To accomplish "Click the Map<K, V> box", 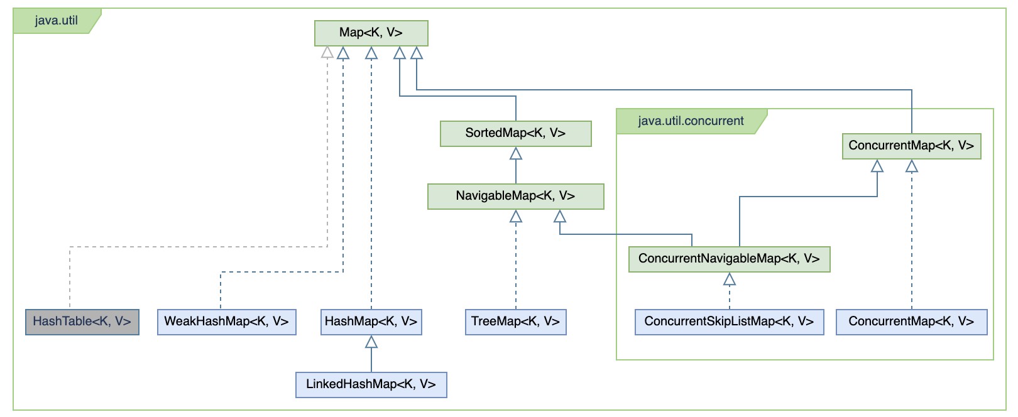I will [371, 33].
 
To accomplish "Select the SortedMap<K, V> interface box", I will [515, 133].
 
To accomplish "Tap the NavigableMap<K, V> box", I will [515, 196].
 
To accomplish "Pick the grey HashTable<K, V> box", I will [82, 322].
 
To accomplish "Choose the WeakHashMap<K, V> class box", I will [226, 322].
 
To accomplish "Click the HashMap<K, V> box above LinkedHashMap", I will [371, 322].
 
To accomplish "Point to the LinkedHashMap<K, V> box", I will [371, 384].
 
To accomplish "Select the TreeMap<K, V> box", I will [515, 322].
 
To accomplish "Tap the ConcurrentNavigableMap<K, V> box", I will [729, 259].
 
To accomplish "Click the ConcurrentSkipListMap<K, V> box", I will [729, 322].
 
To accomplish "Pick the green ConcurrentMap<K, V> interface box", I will [911, 146].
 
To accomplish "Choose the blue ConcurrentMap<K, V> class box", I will [911, 322].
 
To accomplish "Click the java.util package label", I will [57, 20].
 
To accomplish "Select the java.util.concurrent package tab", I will [691, 121].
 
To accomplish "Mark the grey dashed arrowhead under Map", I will [327, 53].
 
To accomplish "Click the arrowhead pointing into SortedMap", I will [516, 153].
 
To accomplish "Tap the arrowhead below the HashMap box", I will [371, 342].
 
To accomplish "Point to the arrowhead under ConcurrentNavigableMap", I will [730, 279].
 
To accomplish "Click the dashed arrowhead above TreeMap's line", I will [516, 217].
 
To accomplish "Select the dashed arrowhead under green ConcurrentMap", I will [912, 166].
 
